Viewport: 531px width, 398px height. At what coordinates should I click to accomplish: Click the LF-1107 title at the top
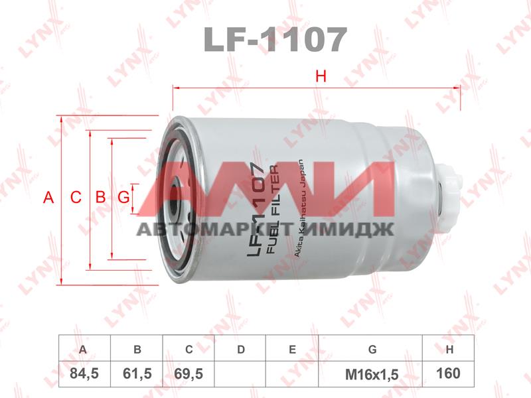[x=275, y=40]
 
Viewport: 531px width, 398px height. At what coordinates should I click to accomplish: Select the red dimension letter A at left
[x=48, y=197]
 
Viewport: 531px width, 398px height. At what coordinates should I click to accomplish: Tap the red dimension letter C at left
[x=76, y=197]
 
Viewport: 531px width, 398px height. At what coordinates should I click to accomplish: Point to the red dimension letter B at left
[x=101, y=197]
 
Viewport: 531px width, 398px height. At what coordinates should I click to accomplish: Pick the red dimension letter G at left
[x=123, y=197]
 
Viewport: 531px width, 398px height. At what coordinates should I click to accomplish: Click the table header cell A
[x=84, y=350]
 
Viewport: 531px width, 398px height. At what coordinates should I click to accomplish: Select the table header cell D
[x=241, y=350]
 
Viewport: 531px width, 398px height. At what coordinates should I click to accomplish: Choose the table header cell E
[x=292, y=350]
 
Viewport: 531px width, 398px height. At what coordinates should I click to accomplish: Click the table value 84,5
[x=84, y=374]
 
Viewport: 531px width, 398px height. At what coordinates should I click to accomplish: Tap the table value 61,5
[x=138, y=374]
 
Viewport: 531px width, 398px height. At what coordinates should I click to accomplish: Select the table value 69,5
[x=189, y=374]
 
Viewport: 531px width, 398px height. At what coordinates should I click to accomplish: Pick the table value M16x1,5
[x=371, y=374]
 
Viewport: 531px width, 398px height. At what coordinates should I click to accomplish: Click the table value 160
[x=449, y=374]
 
